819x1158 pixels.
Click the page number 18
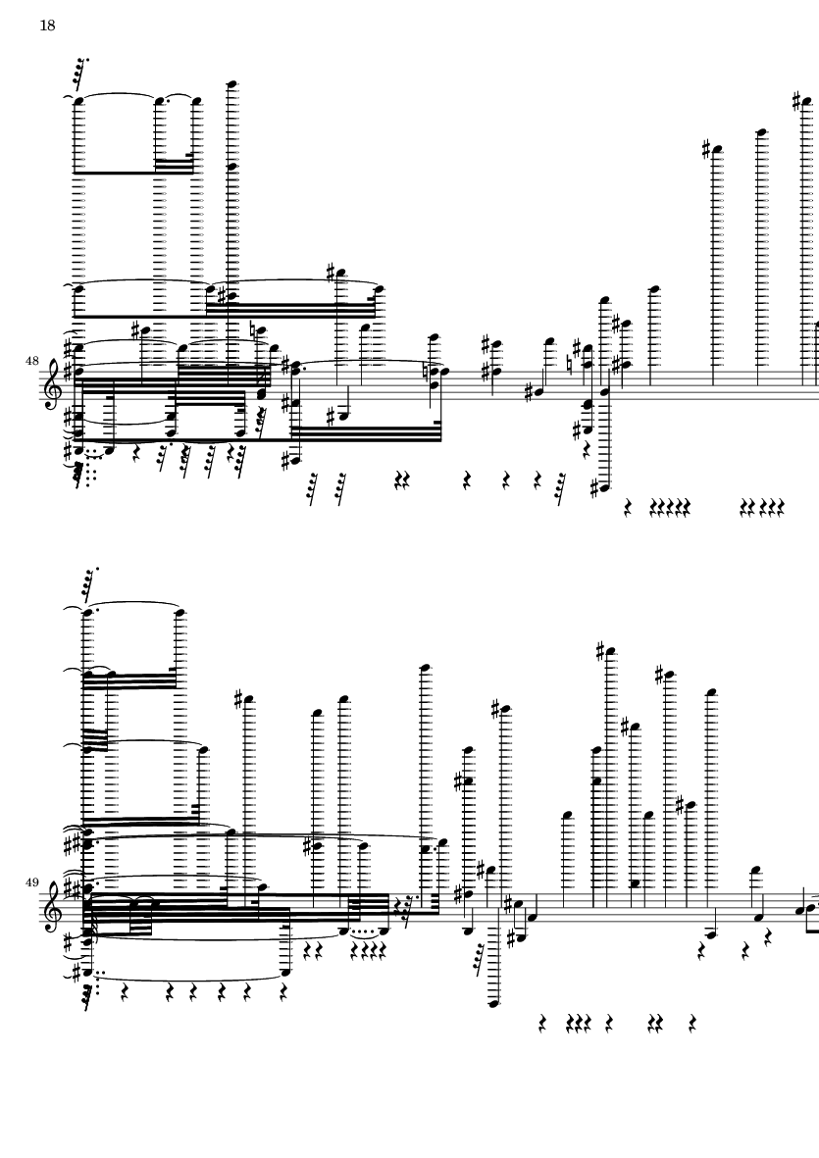tap(47, 25)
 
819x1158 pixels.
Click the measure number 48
tap(31, 361)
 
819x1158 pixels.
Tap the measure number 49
tap(31, 881)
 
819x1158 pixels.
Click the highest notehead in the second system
tap(611, 652)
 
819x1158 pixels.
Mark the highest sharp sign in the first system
tap(796, 100)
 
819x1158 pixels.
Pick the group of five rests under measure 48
tap(670, 507)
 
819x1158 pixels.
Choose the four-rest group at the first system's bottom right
tap(762, 507)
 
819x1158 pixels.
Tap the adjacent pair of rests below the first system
tap(402, 481)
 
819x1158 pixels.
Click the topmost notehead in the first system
tap(231, 83)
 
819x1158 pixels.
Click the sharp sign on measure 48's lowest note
tap(594, 487)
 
